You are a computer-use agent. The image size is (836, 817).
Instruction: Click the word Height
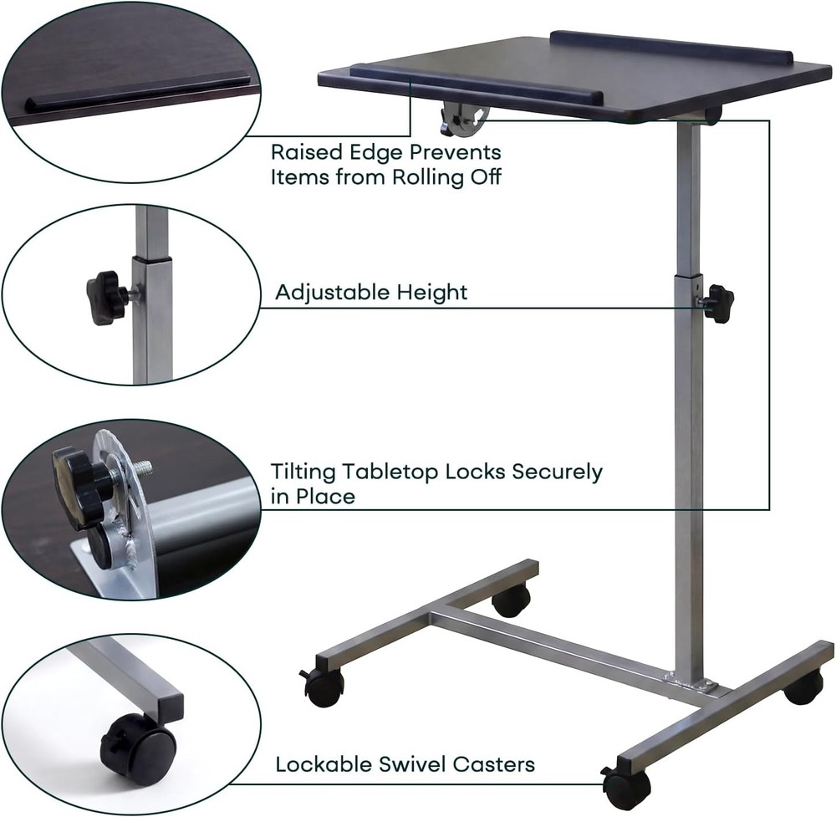(x=432, y=293)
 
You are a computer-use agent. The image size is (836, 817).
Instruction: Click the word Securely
(x=557, y=472)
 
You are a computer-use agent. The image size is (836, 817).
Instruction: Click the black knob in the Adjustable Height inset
(x=104, y=295)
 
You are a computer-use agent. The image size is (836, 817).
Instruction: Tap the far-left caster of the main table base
(x=323, y=686)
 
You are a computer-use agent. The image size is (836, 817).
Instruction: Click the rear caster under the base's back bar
(x=511, y=599)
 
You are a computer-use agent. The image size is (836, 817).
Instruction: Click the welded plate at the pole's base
(x=691, y=684)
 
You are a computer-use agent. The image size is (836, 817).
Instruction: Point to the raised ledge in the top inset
(x=138, y=91)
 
